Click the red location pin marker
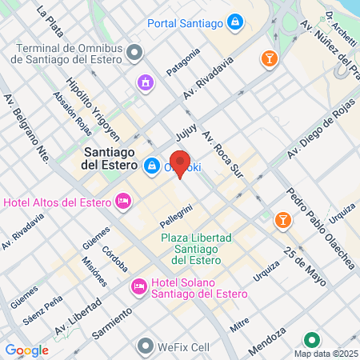click(181, 163)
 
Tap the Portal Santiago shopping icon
click(235, 21)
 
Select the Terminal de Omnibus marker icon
click(134, 52)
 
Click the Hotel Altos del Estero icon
click(122, 200)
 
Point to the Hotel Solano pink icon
click(139, 285)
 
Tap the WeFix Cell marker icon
click(145, 346)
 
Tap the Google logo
click(26, 350)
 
